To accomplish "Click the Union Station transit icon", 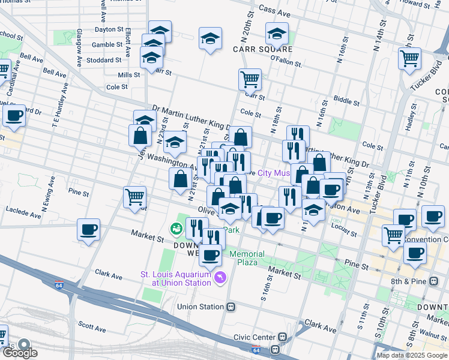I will tap(231, 307).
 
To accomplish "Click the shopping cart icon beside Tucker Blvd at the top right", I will tap(409, 59).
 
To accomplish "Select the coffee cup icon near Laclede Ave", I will tap(89, 229).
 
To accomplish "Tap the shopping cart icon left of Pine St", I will tap(134, 196).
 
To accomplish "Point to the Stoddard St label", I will tap(104, 61).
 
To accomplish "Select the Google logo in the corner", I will tap(19, 352).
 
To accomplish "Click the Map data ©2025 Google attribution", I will tap(412, 355).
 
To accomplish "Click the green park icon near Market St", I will tap(176, 228).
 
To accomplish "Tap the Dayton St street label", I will tap(109, 29).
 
